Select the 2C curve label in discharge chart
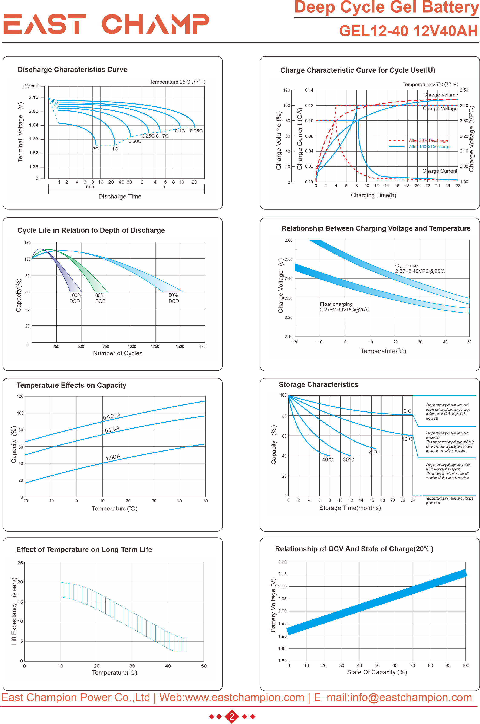tap(95, 149)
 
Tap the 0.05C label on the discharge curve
tap(196, 131)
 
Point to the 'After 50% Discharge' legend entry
tap(428, 140)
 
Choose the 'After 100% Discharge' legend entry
tap(429, 147)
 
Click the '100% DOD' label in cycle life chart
tap(75, 298)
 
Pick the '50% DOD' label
tap(174, 298)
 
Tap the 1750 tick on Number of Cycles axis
tap(203, 346)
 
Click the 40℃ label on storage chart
tap(327, 460)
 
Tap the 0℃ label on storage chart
tap(407, 411)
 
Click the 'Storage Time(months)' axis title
tap(350, 508)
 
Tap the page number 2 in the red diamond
tap(232, 716)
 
